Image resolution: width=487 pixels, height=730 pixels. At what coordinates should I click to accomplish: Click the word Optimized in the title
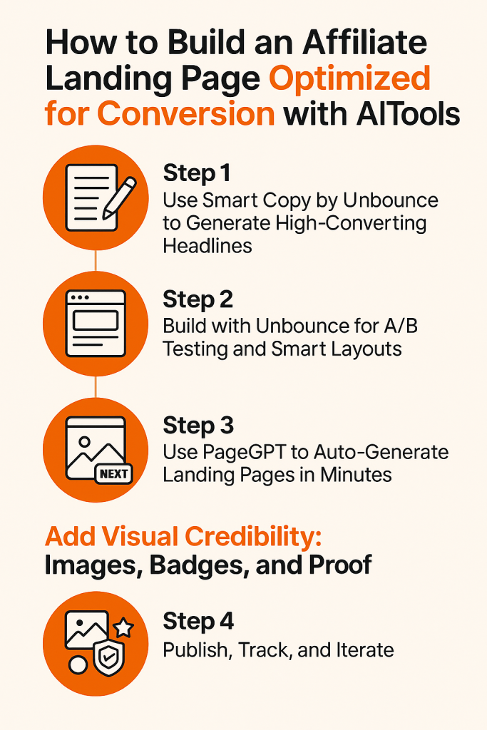[349, 78]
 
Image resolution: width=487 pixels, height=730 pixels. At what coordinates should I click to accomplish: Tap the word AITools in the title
[409, 113]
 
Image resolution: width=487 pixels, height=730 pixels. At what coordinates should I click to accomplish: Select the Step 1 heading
[197, 173]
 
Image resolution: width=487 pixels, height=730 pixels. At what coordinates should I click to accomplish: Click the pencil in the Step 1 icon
[119, 197]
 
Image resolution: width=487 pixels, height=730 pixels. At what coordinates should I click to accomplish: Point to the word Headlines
[207, 246]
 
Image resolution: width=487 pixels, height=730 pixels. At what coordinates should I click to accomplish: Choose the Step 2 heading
[198, 299]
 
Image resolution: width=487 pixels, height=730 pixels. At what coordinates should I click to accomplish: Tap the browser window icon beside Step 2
[96, 323]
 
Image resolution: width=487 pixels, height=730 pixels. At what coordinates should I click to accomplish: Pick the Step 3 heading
[198, 426]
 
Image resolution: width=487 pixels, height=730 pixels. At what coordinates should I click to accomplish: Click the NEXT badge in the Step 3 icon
[113, 474]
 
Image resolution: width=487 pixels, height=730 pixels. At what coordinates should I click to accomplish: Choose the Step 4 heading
[198, 622]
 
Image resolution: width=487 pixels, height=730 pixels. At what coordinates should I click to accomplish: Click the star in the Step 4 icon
[124, 627]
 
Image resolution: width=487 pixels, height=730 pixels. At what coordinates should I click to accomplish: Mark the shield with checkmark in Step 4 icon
[109, 658]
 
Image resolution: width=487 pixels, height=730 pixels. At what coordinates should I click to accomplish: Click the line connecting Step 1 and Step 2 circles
[96, 261]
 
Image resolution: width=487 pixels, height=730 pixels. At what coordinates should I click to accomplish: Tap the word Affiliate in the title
[364, 42]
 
